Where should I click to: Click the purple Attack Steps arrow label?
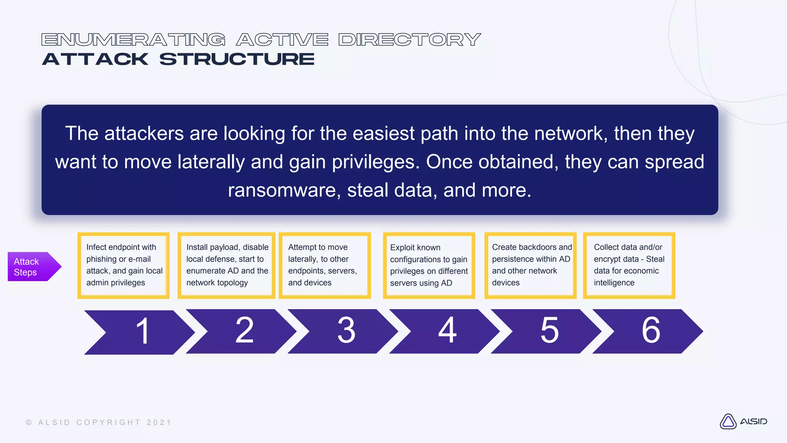click(x=33, y=266)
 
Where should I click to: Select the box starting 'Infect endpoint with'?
click(x=123, y=265)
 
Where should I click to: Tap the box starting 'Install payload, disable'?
click(x=226, y=265)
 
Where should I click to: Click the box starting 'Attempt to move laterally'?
click(x=325, y=265)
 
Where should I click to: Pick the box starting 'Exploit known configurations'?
click(x=429, y=265)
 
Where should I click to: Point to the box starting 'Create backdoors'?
click(x=530, y=265)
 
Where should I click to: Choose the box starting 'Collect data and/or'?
click(x=629, y=265)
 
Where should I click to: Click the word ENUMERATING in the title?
click(x=133, y=40)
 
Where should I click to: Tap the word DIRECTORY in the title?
click(x=410, y=40)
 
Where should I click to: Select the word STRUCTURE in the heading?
click(x=237, y=59)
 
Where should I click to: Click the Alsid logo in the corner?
click(x=743, y=421)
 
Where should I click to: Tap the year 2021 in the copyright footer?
click(x=159, y=423)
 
